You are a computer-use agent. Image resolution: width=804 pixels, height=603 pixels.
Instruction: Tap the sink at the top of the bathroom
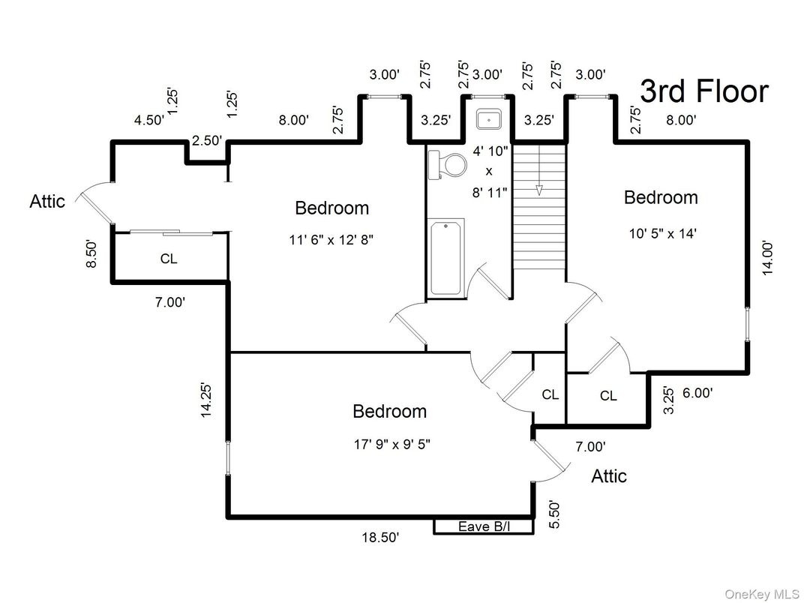pos(489,119)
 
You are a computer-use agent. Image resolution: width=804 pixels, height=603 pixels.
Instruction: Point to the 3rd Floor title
pos(703,91)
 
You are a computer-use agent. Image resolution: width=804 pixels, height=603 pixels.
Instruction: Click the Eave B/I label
pos(483,526)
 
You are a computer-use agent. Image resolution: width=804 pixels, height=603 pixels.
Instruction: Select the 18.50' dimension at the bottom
pos(379,537)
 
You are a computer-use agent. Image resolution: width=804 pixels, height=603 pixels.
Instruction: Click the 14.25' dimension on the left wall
pos(208,400)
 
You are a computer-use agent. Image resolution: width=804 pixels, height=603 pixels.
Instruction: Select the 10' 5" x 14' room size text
pos(663,232)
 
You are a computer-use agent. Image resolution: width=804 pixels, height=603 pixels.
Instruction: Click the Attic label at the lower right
pos(608,476)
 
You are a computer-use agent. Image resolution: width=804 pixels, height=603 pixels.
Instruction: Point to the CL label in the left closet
pos(169,259)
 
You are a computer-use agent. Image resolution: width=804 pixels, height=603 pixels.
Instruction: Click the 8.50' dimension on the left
pos(91,254)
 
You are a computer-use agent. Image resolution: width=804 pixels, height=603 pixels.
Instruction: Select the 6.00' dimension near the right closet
pos(697,392)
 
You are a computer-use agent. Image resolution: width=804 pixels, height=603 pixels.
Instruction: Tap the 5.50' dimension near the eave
pos(553,514)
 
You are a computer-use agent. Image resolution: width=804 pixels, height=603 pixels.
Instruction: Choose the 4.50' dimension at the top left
pos(148,120)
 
